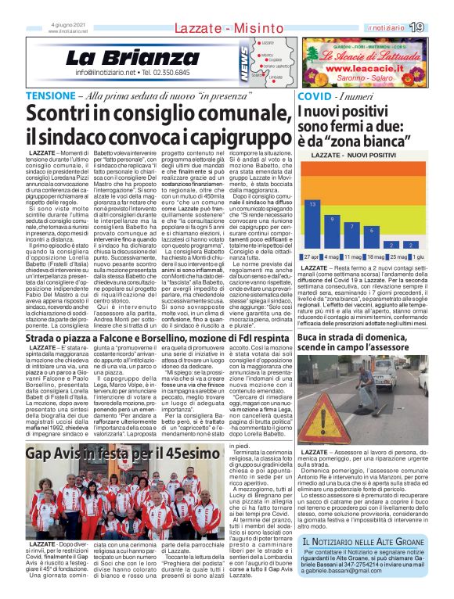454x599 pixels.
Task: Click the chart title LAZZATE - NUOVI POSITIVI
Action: (x=359, y=156)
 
